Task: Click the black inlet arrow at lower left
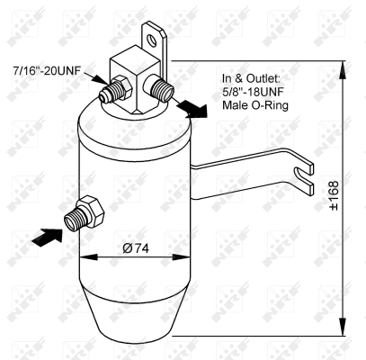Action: coord(49,236)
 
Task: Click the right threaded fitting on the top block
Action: coord(163,88)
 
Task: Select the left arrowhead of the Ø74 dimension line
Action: coord(85,261)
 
